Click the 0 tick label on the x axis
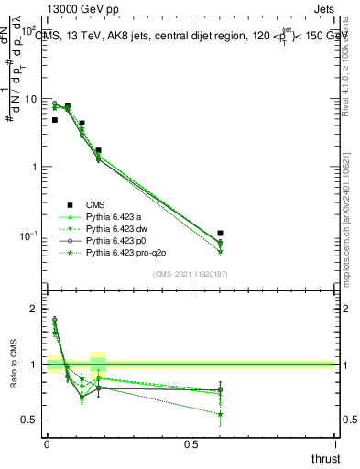[x=47, y=443]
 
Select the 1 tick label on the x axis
[x=335, y=443]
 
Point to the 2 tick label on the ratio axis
[x=36, y=310]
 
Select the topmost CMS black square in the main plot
[x=67, y=106]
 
